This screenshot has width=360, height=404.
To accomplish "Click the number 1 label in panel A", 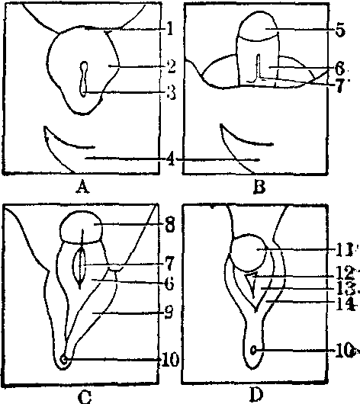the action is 169,29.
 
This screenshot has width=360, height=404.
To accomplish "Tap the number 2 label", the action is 171,66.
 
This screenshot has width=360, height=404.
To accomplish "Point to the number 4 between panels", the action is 170,160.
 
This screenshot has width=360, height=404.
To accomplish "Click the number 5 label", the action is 340,30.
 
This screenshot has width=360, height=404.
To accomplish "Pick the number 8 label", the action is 170,225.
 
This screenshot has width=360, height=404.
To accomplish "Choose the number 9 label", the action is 169,313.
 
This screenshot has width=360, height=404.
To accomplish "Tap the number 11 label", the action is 344,250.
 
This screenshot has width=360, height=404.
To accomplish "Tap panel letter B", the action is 259,187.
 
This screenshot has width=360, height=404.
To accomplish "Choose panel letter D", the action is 256,395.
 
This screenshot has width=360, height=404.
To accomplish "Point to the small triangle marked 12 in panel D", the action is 251,284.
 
